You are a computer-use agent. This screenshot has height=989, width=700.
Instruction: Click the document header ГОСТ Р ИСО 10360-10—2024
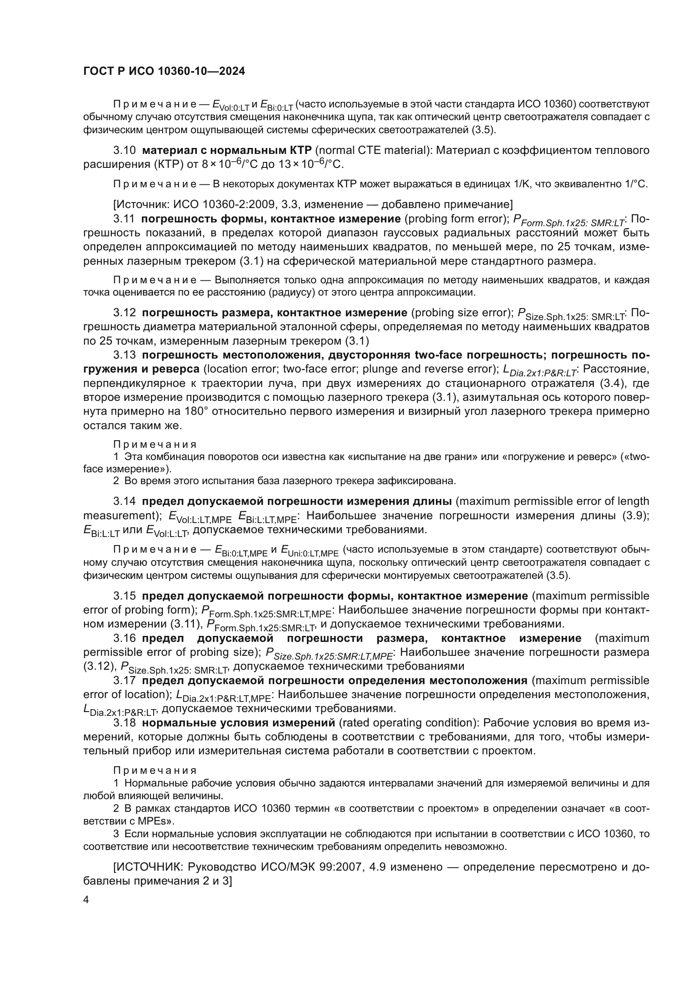(164, 71)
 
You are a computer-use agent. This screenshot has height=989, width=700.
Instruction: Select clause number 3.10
(124, 151)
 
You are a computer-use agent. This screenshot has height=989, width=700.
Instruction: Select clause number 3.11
(124, 219)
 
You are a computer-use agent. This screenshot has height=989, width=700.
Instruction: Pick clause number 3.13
(124, 355)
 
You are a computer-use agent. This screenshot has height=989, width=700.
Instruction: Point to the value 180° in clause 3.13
(196, 411)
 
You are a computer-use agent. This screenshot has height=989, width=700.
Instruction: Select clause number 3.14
(124, 501)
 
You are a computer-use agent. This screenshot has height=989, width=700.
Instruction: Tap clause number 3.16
(124, 638)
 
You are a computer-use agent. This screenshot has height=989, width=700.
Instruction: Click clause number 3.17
(124, 680)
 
